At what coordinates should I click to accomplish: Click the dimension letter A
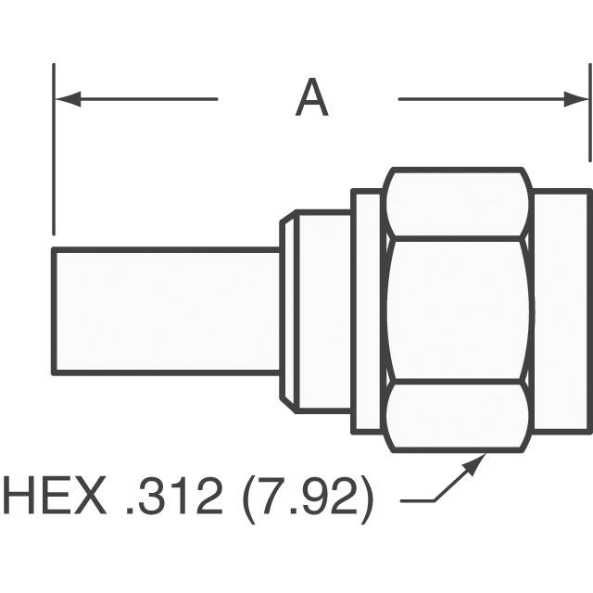pos(311,98)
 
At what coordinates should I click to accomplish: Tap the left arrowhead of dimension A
pos(65,98)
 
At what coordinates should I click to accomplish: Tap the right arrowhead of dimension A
pos(578,98)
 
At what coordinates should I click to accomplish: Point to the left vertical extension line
pos(54,148)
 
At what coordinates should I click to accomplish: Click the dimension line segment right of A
pos(482,98)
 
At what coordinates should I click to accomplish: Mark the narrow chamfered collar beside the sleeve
pos(287,311)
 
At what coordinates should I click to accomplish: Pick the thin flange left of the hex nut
pos(367,311)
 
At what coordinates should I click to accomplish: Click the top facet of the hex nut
pos(458,204)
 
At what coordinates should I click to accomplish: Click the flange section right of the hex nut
pos(561,311)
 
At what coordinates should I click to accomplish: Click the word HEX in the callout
pos(56,498)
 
